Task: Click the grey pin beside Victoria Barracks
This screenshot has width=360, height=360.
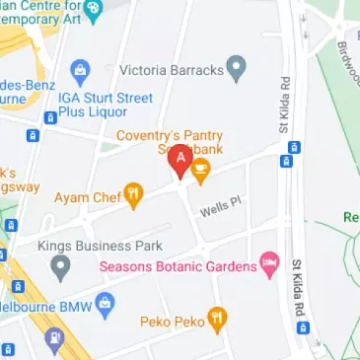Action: tap(235, 69)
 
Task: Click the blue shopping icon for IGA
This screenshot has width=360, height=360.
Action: tap(80, 69)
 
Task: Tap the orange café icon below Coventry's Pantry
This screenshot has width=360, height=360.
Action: tap(201, 174)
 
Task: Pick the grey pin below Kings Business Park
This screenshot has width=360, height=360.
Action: tap(61, 266)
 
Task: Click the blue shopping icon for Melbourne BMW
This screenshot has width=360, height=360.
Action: tap(102, 307)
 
